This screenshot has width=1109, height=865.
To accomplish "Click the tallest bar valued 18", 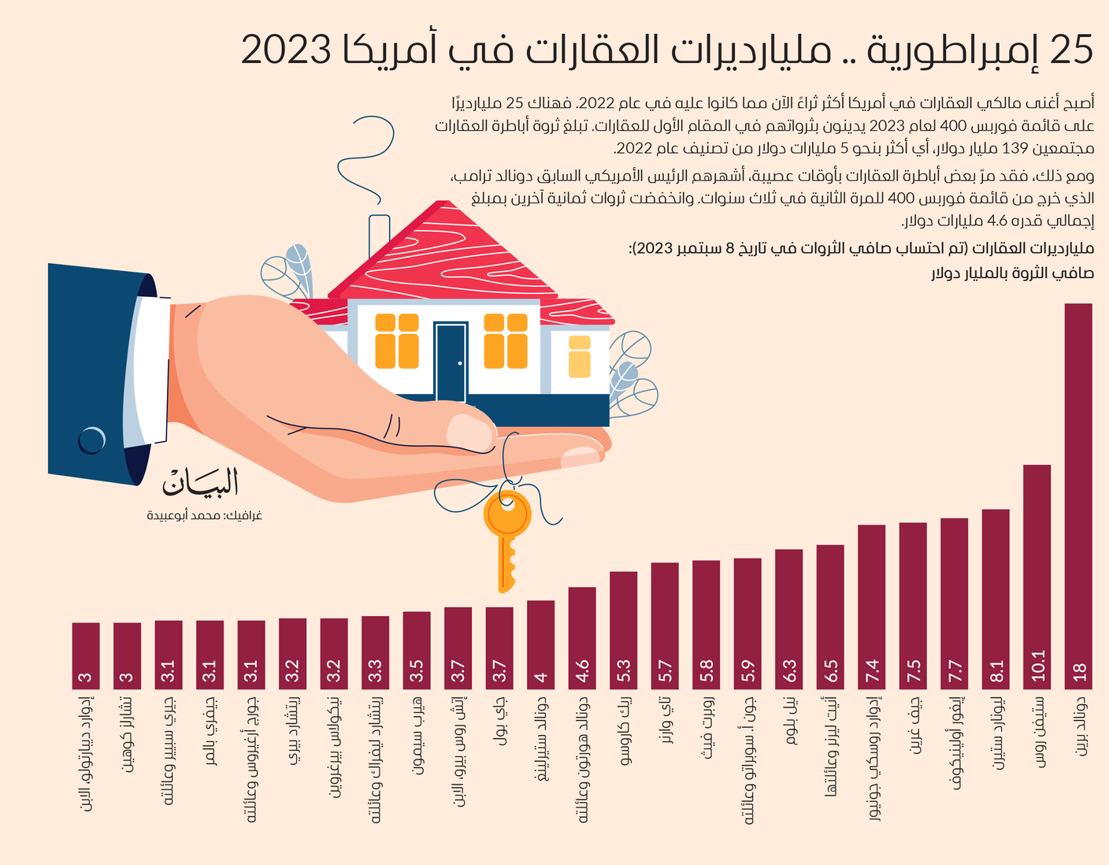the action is [x=1078, y=496].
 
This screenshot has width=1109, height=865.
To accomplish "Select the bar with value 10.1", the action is [x=1037, y=577].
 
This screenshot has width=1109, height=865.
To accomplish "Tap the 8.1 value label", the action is [x=996, y=671].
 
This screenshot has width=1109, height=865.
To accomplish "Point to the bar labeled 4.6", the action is [x=582, y=638].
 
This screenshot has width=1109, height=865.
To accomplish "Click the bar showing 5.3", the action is [x=624, y=630].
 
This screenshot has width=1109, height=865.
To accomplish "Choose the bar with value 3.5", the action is [x=417, y=650].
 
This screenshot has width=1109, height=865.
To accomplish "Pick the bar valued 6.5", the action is [x=830, y=617].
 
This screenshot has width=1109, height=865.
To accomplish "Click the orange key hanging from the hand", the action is [x=507, y=542].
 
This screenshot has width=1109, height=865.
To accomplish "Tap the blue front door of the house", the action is [x=451, y=362].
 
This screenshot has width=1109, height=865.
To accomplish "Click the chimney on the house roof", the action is [x=379, y=236].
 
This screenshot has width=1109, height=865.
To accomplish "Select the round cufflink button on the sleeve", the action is [x=92, y=440].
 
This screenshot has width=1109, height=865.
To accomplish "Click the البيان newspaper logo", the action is [x=200, y=481].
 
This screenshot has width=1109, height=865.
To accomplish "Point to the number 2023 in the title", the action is [x=286, y=50].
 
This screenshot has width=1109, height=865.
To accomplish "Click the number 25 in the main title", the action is [x=1071, y=50].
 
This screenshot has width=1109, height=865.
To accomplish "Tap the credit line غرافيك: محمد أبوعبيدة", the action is [x=205, y=515].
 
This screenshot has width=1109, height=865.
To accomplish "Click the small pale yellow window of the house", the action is [x=579, y=357].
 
